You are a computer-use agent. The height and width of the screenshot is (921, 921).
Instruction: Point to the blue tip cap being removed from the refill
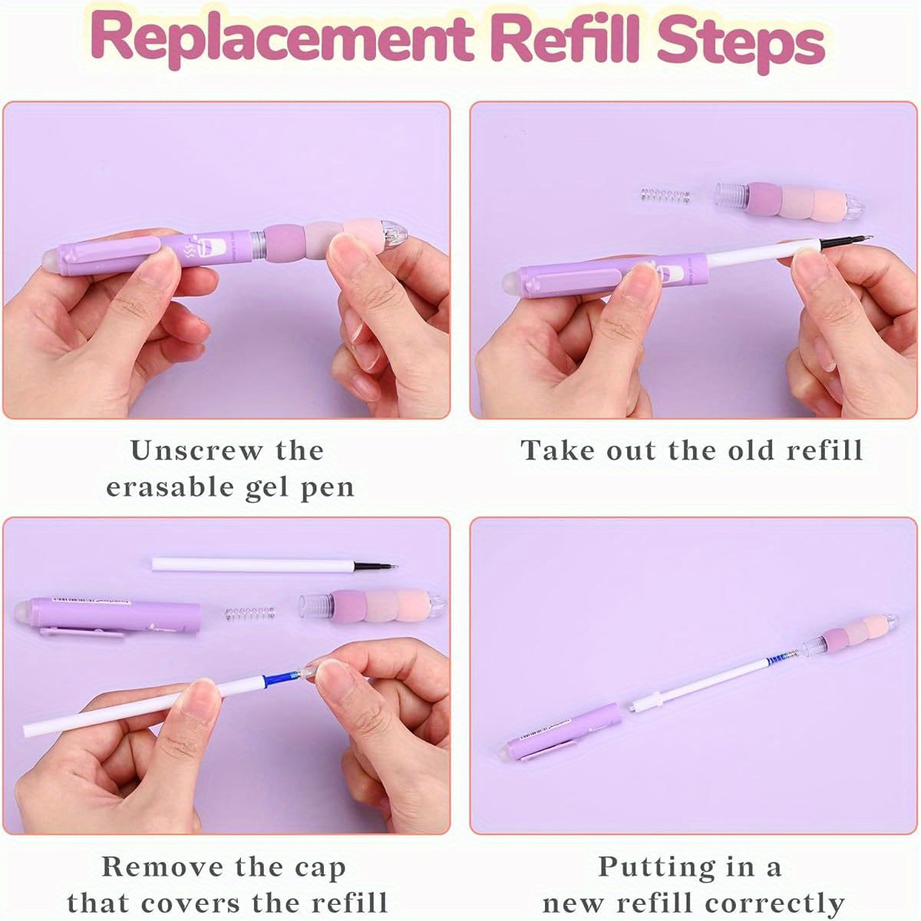tap(281, 677)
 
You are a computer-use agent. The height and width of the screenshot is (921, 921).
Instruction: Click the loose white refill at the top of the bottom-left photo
tap(275, 566)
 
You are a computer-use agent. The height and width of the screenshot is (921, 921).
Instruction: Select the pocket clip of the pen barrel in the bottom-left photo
tap(82, 632)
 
